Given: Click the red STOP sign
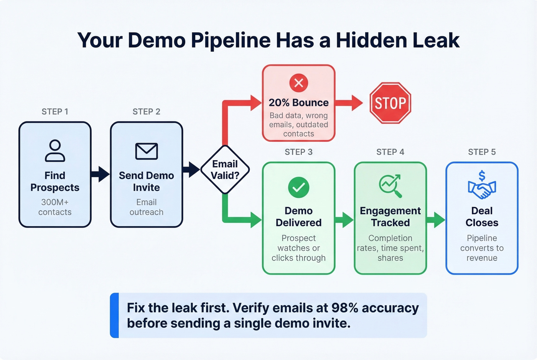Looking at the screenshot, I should pos(390,103).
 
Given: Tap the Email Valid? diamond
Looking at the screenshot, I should pos(225,169).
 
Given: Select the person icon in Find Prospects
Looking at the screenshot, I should pos(55,150).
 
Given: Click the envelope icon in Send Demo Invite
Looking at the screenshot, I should pos(147,151).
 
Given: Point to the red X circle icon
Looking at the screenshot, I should pos(298,83).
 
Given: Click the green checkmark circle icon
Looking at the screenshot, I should pos(298,187).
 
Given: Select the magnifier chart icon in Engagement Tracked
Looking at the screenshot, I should pos(390,186).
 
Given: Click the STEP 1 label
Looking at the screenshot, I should pos(55,112).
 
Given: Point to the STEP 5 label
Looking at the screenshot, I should pos(482,152).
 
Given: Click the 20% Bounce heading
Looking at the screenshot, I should pos(298,103).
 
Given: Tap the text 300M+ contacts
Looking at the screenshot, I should pos(55,207).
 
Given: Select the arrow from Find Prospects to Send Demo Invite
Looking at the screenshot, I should pos(100,174).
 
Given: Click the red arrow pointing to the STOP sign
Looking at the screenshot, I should pos(349,103).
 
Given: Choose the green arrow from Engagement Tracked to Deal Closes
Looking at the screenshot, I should pos(436,220).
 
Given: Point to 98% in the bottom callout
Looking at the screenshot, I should pos(344,308).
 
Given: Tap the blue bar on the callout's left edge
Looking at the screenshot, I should pos(114,315).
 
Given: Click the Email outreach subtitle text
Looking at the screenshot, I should pos(147,207).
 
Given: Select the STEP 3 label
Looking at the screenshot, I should pos(298,152).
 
